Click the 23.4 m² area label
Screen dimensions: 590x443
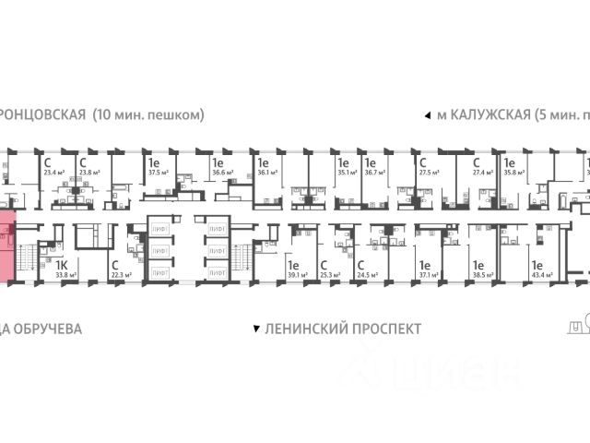coord(53,171)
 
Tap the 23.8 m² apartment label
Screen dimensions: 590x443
coord(88,171)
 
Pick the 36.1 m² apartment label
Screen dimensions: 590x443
coord(269,171)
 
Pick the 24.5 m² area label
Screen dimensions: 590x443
coord(369,274)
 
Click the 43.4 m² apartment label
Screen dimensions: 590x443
coord(540,274)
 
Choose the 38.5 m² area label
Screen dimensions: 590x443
coord(484,274)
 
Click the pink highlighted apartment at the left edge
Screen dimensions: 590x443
coord(6,247)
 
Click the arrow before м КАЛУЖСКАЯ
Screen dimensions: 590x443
coord(426,116)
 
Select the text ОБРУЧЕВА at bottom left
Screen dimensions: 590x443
coord(45,329)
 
